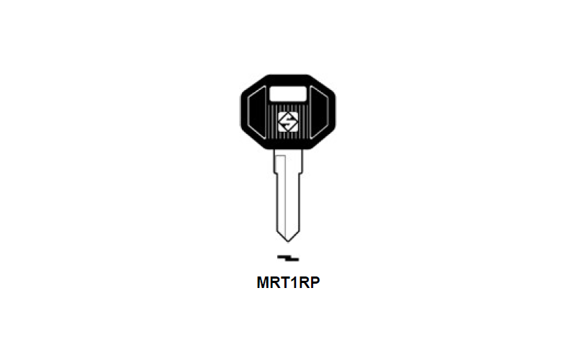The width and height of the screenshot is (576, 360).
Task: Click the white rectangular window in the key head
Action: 287,94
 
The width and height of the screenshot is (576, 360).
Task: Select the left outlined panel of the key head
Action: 257,112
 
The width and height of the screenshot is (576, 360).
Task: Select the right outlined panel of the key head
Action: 319,112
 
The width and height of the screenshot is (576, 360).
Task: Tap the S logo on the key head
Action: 288,122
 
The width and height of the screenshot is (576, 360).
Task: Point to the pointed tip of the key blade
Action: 288,242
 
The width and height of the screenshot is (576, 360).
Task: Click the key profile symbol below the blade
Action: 288,258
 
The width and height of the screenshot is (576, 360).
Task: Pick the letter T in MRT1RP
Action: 287,282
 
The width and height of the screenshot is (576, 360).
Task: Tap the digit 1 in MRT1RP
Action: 296,282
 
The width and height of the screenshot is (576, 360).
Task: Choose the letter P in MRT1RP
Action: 315,282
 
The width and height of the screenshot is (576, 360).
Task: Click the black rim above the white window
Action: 288,80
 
